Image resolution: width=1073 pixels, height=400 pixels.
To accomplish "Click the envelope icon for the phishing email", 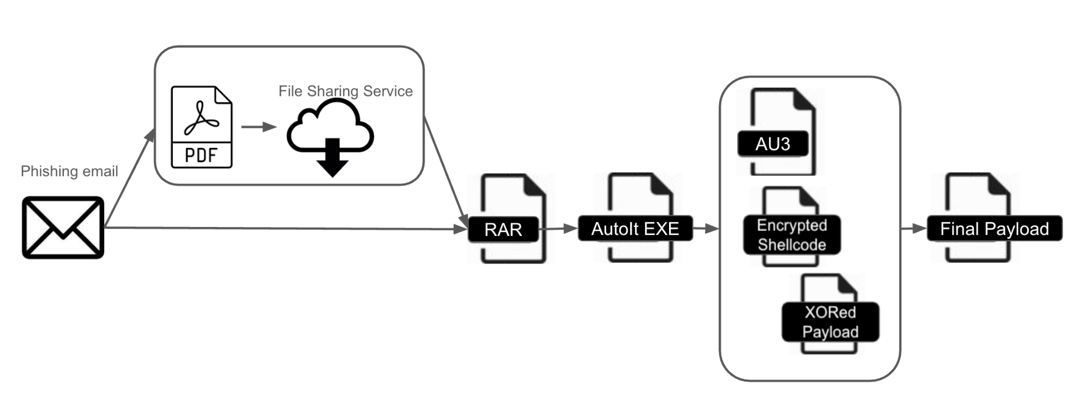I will tap(63, 227).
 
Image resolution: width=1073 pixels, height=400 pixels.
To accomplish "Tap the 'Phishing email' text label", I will tap(69, 171).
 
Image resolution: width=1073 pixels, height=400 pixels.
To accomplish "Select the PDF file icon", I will tap(202, 127).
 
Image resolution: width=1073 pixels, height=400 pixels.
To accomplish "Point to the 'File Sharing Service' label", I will tap(345, 91).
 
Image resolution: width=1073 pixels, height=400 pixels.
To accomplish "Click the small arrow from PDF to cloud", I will tap(259, 127).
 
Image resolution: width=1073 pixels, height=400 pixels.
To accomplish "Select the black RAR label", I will tap(503, 230).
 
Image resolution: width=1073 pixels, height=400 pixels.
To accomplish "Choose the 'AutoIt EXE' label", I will tap(635, 229).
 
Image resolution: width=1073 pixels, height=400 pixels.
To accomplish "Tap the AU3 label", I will tap(773, 144).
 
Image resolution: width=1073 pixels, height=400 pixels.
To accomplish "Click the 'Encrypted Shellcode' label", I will tap(792, 235).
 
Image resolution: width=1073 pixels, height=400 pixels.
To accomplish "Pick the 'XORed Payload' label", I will tap(830, 322).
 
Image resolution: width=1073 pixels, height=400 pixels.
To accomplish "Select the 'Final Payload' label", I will tap(994, 229).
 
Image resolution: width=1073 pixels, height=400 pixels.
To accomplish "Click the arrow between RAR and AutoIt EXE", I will tap(558, 229).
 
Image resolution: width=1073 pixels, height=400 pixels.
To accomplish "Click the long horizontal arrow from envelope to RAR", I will tap(283, 228).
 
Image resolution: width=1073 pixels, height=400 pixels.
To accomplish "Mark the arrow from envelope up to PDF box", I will tap(130, 178).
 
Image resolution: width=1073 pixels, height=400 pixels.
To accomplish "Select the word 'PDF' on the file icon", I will tap(201, 156).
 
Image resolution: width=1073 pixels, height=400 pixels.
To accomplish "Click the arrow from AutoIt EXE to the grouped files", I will tap(706, 229).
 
